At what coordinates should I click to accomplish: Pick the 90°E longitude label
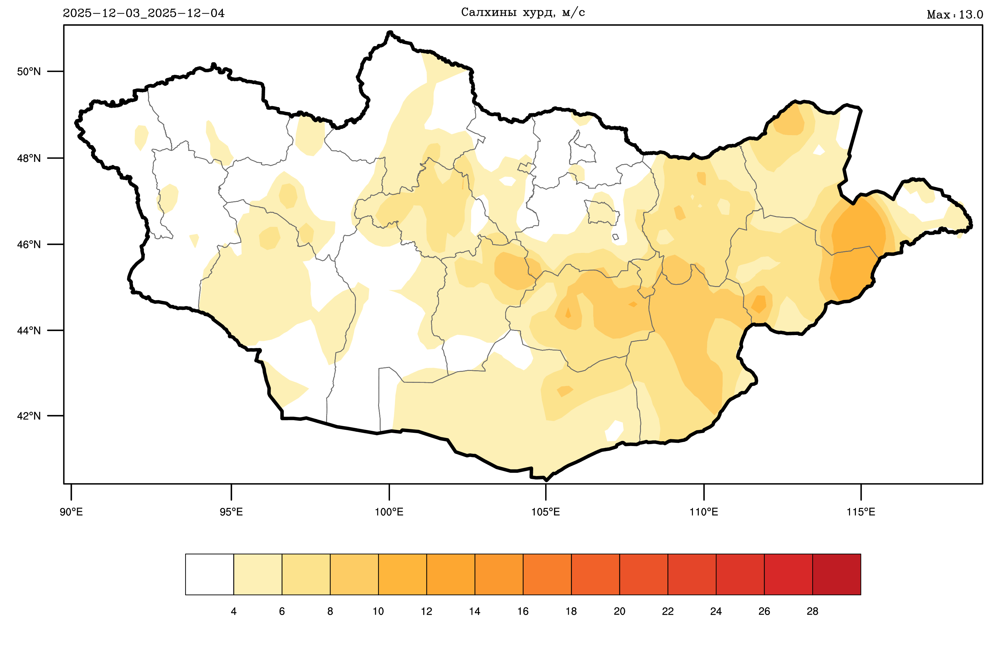tap(71, 512)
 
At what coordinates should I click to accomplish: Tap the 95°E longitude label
tap(231, 512)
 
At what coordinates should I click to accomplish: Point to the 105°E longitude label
tap(545, 512)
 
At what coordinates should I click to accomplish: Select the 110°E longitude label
tap(704, 512)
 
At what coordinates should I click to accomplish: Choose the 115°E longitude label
tap(861, 512)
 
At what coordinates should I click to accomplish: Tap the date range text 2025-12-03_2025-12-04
tap(144, 14)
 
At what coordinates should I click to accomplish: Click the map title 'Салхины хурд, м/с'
tap(523, 13)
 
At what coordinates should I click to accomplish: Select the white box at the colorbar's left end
tap(209, 574)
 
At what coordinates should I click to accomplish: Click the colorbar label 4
tap(234, 611)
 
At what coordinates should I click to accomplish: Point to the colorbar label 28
tap(812, 611)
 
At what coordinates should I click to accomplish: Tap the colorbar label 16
tap(523, 611)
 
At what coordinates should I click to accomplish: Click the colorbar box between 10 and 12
tap(403, 574)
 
